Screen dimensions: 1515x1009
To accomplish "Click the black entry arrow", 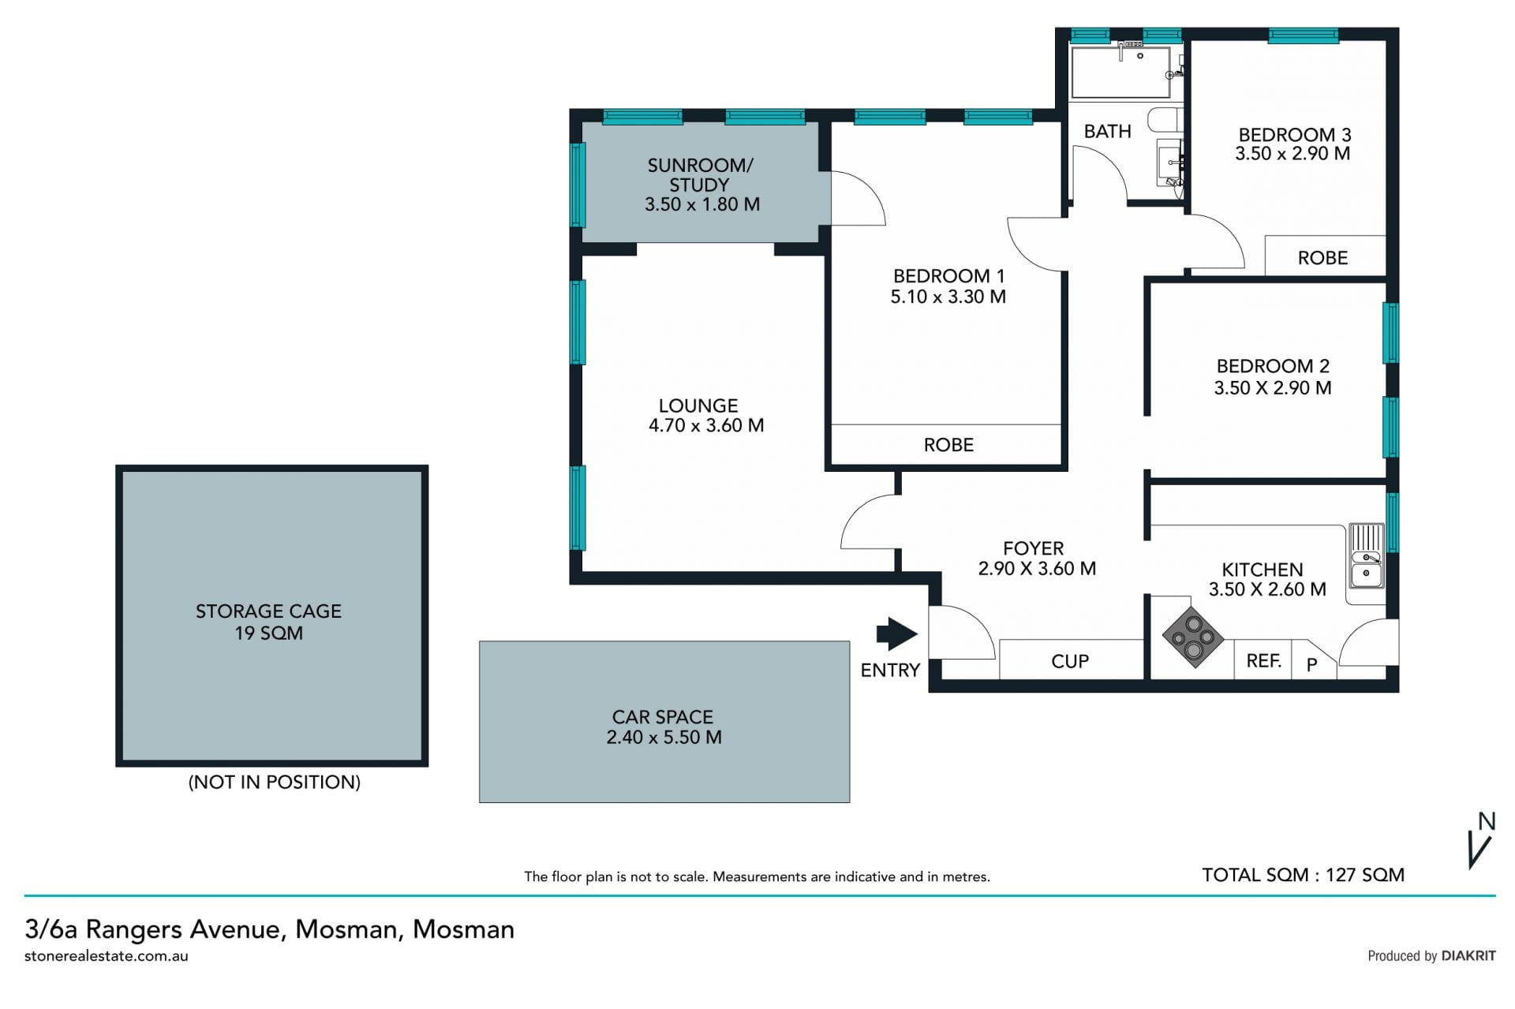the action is pyautogui.click(x=896, y=633).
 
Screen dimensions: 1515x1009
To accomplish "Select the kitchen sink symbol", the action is pyautogui.click(x=1366, y=556).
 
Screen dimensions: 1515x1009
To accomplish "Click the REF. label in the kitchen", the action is pyautogui.click(x=1263, y=661).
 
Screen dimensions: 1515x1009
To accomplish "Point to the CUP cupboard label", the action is pyautogui.click(x=1070, y=661).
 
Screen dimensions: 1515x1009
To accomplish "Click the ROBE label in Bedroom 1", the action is pyautogui.click(x=948, y=445).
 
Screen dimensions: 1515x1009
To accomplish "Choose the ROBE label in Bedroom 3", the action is pyautogui.click(x=1322, y=258).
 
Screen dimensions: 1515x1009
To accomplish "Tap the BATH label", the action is pyautogui.click(x=1107, y=131).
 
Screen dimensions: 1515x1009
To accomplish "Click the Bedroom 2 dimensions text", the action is pyautogui.click(x=1273, y=388).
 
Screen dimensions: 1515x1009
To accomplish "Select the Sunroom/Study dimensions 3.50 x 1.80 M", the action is pyautogui.click(x=702, y=204).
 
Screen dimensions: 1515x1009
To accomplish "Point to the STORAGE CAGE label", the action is pyautogui.click(x=268, y=611).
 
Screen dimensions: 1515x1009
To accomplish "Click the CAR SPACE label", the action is pyautogui.click(x=663, y=717).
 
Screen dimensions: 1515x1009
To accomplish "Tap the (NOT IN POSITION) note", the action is pyautogui.click(x=274, y=782).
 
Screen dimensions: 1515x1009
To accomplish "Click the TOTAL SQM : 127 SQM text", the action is pyautogui.click(x=1303, y=875).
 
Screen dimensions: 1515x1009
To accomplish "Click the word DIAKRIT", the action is pyautogui.click(x=1468, y=955).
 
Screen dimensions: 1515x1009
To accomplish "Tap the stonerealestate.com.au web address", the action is pyautogui.click(x=107, y=956).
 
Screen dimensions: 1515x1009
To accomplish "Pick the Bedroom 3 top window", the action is pyautogui.click(x=1304, y=36).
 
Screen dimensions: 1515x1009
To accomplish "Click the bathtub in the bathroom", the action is pyautogui.click(x=1120, y=71).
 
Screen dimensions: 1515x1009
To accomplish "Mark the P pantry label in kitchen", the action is pyautogui.click(x=1311, y=664).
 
